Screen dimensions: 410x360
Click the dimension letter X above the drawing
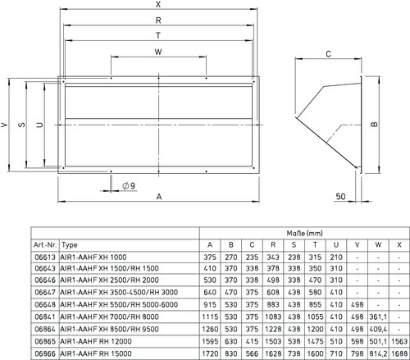click(x=158, y=4)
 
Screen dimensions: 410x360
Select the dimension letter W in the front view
click(x=158, y=52)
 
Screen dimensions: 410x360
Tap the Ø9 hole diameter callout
click(x=129, y=186)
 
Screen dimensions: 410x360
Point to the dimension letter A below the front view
click(x=159, y=197)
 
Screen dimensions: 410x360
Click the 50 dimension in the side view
click(x=340, y=196)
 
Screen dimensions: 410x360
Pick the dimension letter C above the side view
click(x=329, y=54)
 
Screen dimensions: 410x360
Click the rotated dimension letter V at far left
click(x=4, y=125)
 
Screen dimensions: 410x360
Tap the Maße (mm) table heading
click(x=305, y=233)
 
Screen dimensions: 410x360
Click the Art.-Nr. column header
click(x=45, y=244)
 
